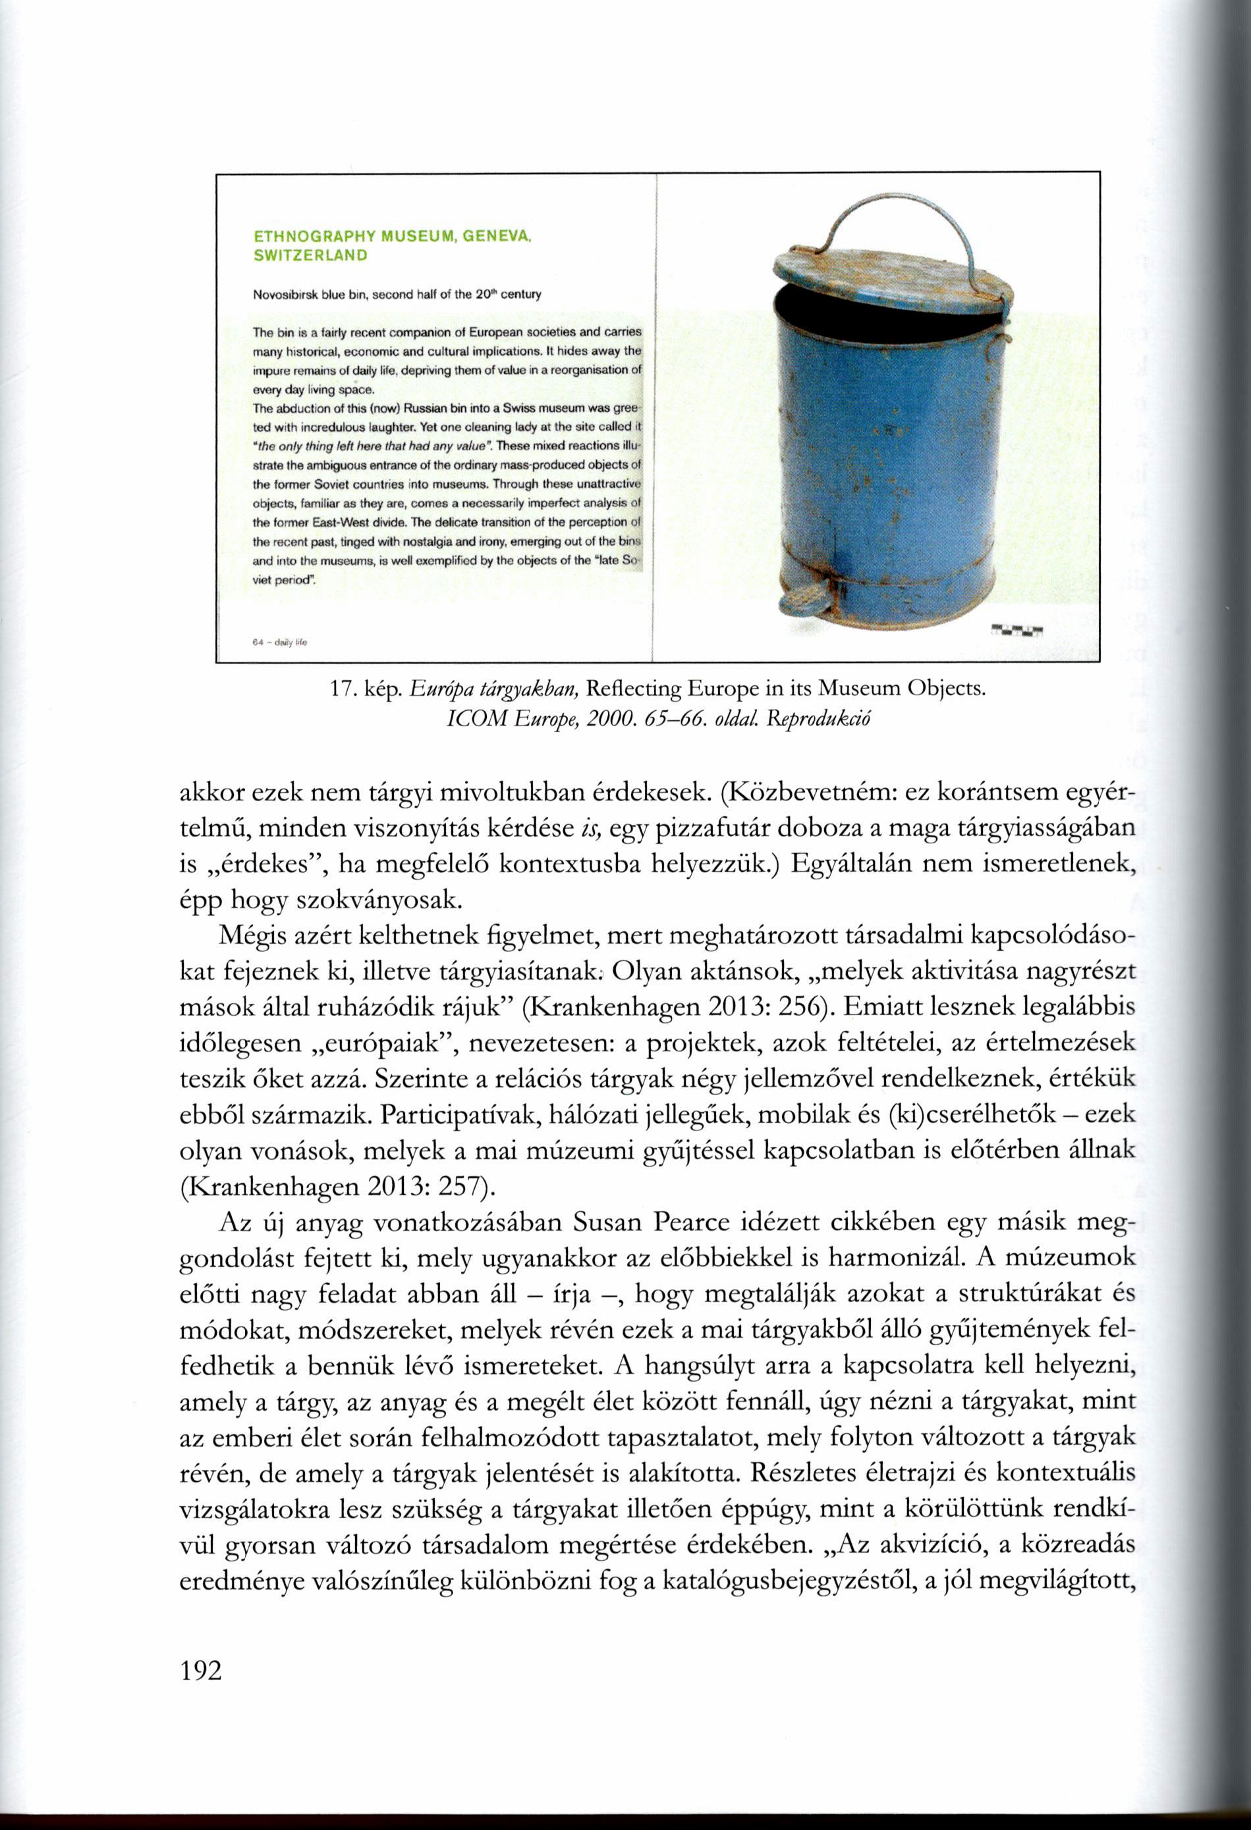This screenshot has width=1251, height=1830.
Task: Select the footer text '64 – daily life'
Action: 280,642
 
